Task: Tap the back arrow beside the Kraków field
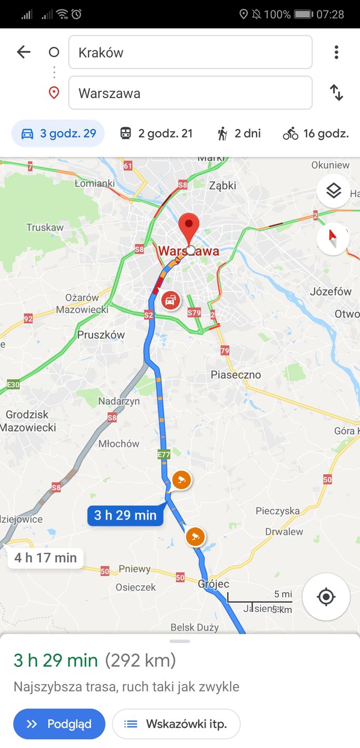pyautogui.click(x=24, y=52)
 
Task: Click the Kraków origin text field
pyautogui.click(x=190, y=52)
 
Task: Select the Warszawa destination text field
pyautogui.click(x=190, y=93)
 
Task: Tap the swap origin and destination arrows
pyautogui.click(x=337, y=93)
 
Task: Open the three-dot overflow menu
pyautogui.click(x=337, y=52)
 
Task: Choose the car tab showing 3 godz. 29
pyautogui.click(x=58, y=133)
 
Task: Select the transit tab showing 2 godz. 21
pyautogui.click(x=156, y=133)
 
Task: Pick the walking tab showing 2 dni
pyautogui.click(x=239, y=133)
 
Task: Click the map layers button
pyautogui.click(x=333, y=191)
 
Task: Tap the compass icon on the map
pyautogui.click(x=333, y=239)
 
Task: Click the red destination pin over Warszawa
pyautogui.click(x=189, y=226)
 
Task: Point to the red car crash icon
pyautogui.click(x=170, y=300)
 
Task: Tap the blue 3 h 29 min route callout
pyautogui.click(x=125, y=515)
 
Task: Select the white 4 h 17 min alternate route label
pyautogui.click(x=46, y=558)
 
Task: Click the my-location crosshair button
pyautogui.click(x=326, y=597)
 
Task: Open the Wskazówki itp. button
pyautogui.click(x=177, y=724)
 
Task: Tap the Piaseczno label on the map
pyautogui.click(x=236, y=375)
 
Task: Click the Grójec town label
pyautogui.click(x=214, y=584)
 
